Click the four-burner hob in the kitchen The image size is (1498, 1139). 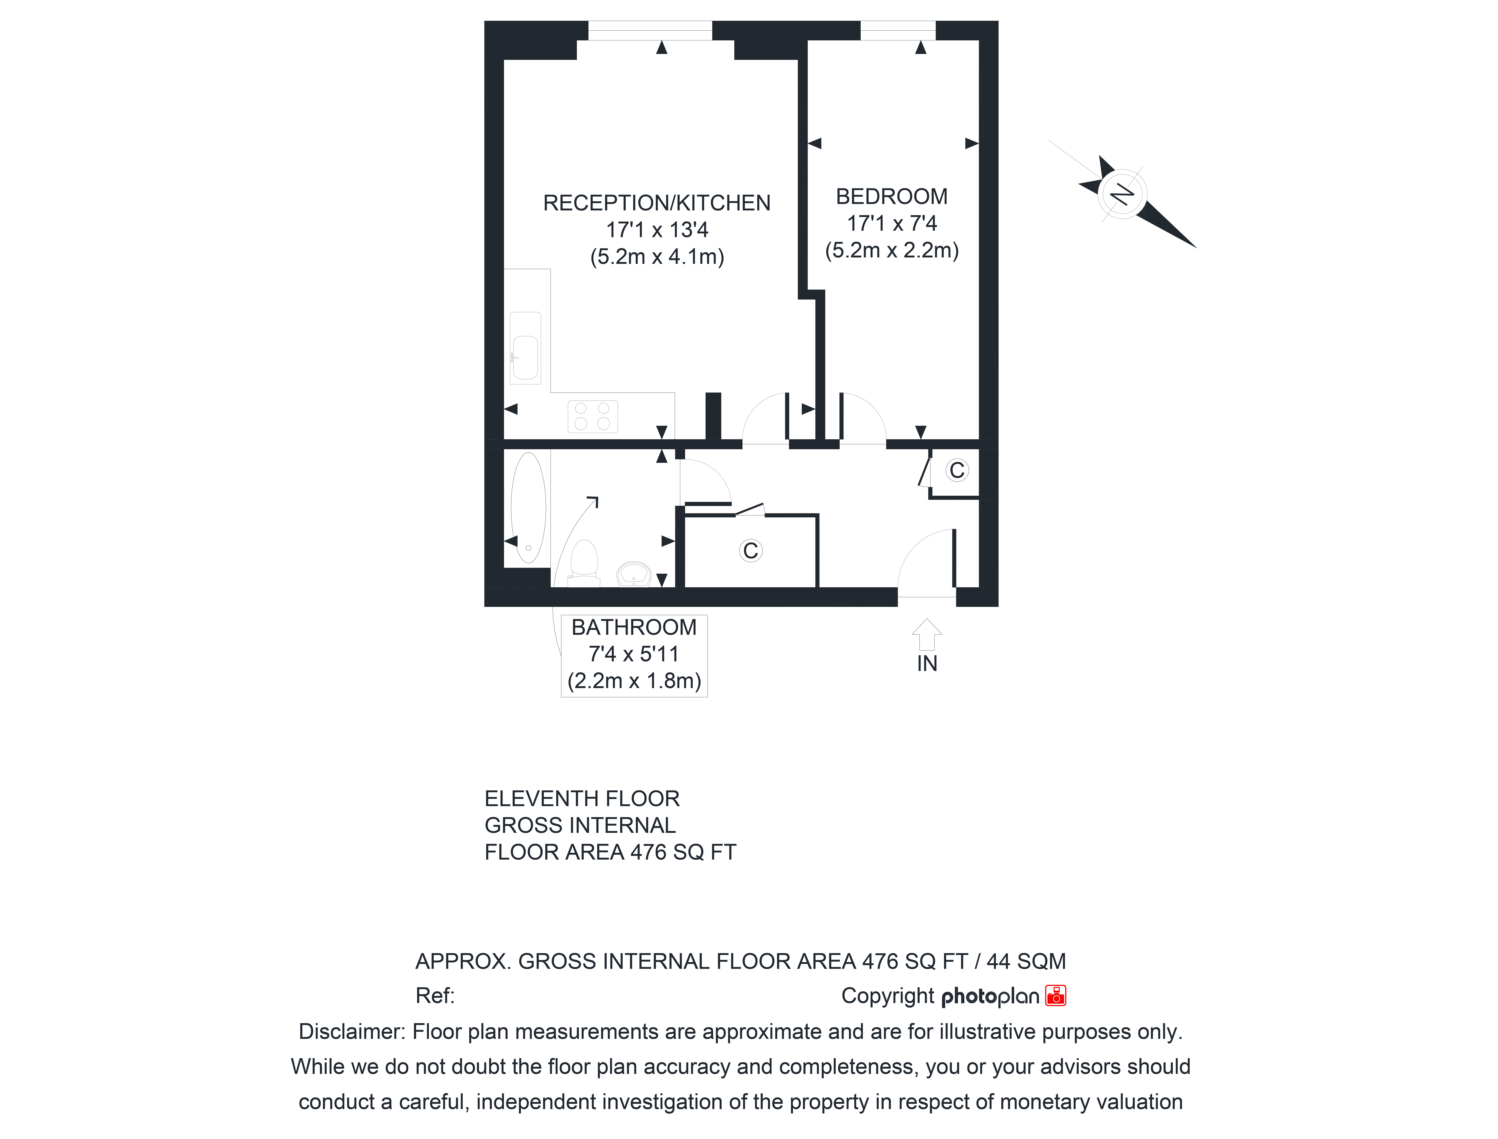[592, 416]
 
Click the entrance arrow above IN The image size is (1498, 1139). [926, 635]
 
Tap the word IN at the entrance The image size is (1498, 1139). [927, 664]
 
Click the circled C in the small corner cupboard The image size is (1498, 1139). [957, 470]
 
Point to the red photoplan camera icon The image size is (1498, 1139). [1056, 995]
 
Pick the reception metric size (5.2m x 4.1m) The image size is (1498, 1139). [657, 257]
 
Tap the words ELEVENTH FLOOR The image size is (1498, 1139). [582, 799]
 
